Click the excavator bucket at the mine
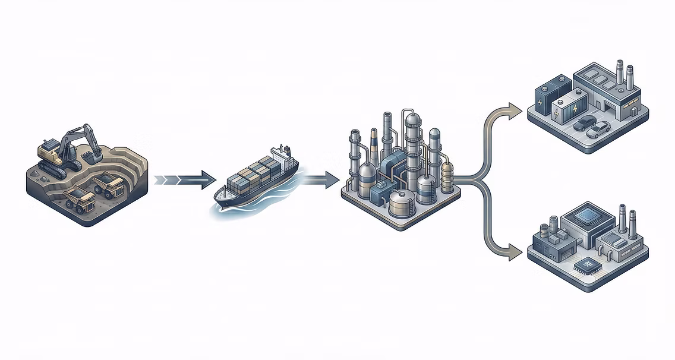pyautogui.click(x=93, y=156)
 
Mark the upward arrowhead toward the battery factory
pyautogui.click(x=515, y=109)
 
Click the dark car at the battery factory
pyautogui.click(x=585, y=123)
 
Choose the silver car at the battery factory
pyautogui.click(x=599, y=129)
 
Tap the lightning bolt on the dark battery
pyautogui.click(x=540, y=102)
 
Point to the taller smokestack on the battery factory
pyautogui.click(x=619, y=74)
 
